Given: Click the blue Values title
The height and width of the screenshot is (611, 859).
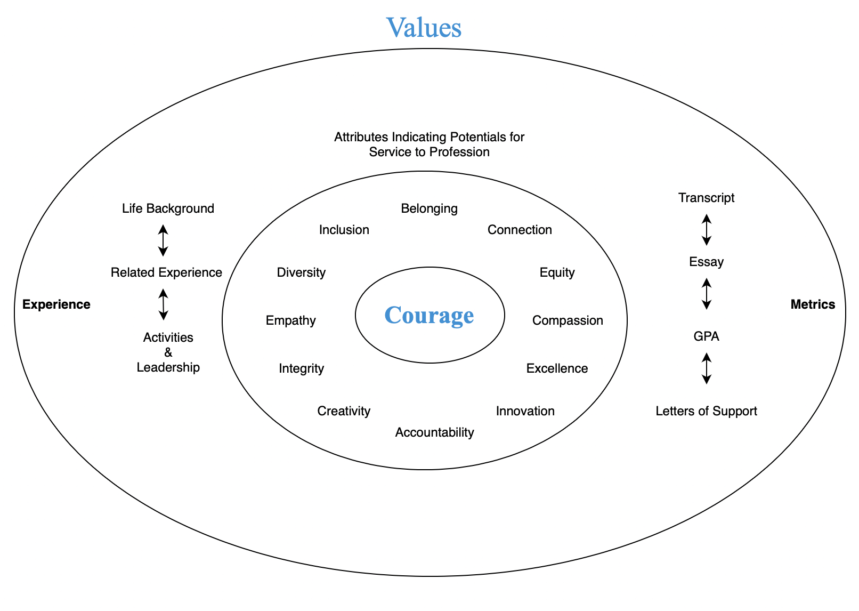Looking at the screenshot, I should (424, 28).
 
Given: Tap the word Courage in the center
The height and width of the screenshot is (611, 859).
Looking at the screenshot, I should (429, 315).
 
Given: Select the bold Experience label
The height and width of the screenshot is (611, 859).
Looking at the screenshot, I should (56, 304).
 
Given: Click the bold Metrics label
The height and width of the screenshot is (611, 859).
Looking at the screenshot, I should (813, 304).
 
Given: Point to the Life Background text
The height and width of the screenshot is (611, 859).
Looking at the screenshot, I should (168, 208).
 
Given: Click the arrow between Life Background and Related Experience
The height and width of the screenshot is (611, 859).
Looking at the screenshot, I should (164, 240).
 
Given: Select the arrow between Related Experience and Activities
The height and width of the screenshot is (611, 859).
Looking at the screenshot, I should (164, 304).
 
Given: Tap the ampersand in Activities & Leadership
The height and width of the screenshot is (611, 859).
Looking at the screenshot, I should (168, 352).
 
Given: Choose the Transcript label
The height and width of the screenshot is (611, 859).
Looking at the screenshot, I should (706, 198).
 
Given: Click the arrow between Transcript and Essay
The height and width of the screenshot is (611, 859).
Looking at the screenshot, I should (707, 230).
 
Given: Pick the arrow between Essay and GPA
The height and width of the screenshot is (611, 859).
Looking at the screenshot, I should (707, 294).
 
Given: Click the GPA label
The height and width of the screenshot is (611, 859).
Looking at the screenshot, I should (706, 336).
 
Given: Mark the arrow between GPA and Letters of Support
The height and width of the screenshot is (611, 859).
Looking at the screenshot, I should (707, 368).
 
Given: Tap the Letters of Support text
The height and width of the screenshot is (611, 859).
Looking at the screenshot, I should (706, 411).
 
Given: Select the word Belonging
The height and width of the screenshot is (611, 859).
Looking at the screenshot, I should (429, 208).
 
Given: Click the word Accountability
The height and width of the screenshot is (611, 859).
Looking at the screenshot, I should (434, 432).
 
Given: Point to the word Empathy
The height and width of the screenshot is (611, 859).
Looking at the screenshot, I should (290, 320).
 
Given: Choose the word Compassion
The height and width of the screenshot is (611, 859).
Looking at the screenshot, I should (568, 320).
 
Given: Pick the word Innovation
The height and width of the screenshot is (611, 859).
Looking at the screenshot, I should (525, 411).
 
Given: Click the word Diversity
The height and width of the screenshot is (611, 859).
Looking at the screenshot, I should (301, 272).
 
